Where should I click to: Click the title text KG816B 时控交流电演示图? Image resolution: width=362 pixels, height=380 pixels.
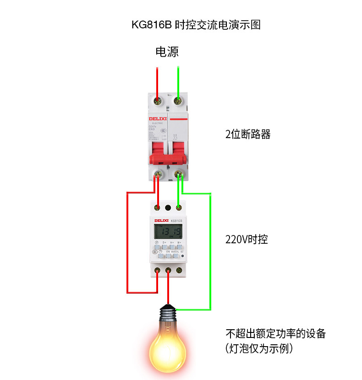(196, 25)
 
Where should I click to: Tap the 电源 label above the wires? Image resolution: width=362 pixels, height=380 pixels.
(167, 52)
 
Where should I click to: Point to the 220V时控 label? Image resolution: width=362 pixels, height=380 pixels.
(247, 239)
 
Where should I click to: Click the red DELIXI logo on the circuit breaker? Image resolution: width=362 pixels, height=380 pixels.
(156, 118)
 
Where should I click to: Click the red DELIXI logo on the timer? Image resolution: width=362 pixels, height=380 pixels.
(161, 221)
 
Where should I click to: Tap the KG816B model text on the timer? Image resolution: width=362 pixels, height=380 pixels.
(177, 221)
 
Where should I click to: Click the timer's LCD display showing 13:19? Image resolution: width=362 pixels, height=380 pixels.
(167, 232)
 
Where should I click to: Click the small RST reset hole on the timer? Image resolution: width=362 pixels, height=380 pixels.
(183, 256)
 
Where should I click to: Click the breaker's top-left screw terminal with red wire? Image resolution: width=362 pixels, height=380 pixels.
(158, 100)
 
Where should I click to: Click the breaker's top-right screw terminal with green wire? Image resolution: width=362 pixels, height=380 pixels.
(178, 100)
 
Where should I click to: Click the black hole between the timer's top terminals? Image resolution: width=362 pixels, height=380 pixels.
(168, 209)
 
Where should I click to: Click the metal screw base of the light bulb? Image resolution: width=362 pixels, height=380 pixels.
(168, 313)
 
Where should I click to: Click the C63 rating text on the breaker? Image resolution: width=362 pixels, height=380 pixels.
(152, 129)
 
